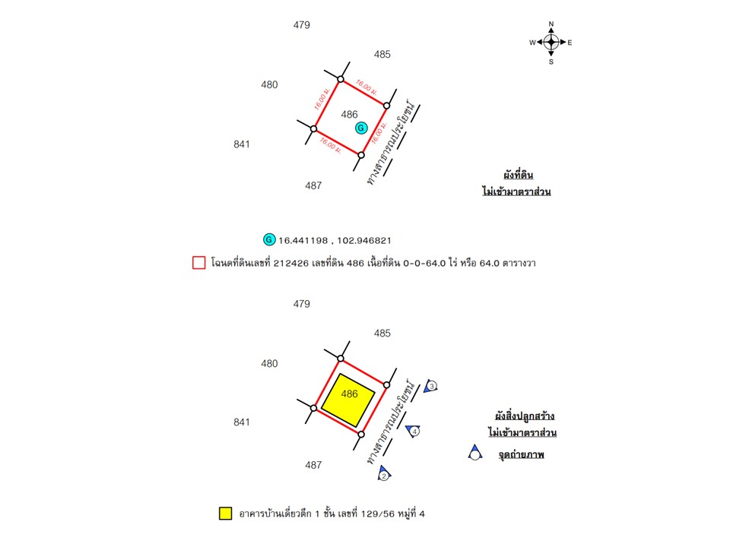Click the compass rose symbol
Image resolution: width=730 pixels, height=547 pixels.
[551, 43]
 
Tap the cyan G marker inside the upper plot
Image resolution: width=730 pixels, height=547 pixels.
[361, 128]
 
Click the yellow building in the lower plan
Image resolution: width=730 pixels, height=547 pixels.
[348, 400]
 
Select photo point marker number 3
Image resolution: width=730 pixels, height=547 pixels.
[430, 386]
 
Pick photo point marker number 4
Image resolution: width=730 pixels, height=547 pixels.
[413, 432]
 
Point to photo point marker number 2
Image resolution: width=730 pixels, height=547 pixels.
[384, 473]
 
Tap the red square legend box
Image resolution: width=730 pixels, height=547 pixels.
[198, 263]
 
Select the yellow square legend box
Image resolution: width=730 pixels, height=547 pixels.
[225, 514]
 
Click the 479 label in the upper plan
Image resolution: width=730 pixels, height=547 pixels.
[302, 25]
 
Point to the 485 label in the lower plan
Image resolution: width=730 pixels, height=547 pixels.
[382, 333]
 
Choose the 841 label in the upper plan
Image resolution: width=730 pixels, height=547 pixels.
[242, 144]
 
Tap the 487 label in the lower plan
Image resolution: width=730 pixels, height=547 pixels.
[313, 465]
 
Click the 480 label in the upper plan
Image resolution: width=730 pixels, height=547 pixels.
[269, 84]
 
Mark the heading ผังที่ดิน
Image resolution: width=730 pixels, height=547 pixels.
[518, 175]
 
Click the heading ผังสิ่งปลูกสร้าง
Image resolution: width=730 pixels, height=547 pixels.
[524, 416]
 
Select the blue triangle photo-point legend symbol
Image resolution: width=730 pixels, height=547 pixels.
[474, 453]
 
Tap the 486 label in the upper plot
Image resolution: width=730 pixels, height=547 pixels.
[349, 115]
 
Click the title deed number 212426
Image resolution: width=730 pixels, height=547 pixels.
[291, 264]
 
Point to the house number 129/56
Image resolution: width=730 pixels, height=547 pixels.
[377, 514]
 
